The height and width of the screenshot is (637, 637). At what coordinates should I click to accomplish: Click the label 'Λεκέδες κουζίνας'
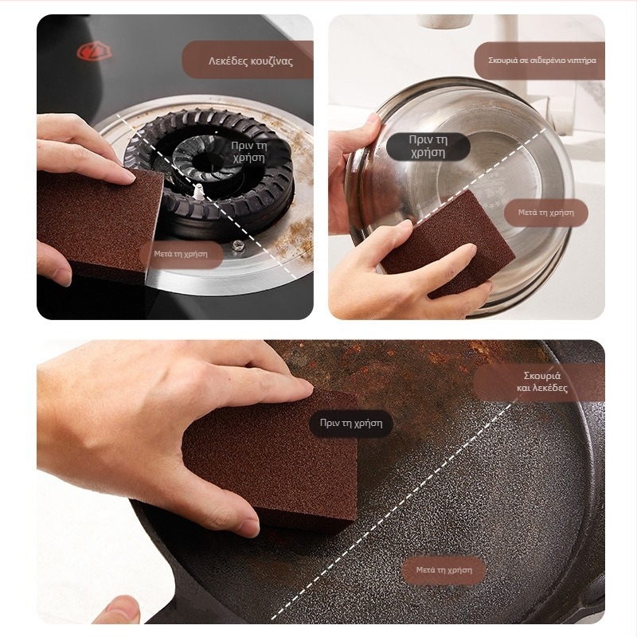[x=250, y=61]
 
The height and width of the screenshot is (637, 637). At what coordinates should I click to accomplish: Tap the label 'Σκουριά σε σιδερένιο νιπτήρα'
[x=542, y=61]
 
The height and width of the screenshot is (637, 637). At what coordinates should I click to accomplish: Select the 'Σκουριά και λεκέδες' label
[x=542, y=381]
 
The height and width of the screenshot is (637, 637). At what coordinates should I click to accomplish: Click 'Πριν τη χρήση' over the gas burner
[x=248, y=151]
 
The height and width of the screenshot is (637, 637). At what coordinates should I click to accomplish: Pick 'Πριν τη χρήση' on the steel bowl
[x=428, y=147]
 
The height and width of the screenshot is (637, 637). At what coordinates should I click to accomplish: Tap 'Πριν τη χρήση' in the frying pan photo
[x=351, y=424]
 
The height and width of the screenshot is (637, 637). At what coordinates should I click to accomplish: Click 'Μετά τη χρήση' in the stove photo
[x=181, y=254]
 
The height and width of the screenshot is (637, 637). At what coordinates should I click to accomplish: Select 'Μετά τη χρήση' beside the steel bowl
[x=545, y=212]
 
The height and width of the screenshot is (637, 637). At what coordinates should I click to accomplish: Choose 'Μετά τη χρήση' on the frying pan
[x=444, y=570]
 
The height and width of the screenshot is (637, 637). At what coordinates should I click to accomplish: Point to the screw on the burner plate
[x=236, y=244]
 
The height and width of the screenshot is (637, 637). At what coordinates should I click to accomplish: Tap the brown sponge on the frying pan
[x=270, y=459]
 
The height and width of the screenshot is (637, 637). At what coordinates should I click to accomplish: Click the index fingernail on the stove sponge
[x=128, y=176]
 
